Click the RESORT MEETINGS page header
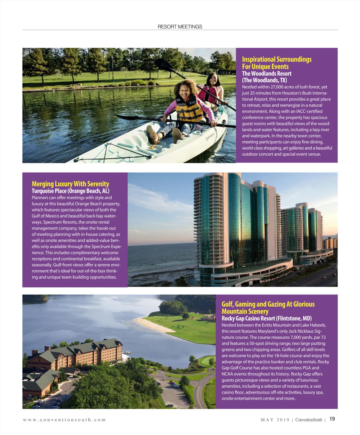180,27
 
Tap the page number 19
332,419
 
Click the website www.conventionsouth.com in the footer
64,420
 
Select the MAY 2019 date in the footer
275,420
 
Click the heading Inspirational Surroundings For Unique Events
277,63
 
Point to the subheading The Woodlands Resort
267,73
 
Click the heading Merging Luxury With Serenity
70,184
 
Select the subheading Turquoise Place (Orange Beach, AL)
70,191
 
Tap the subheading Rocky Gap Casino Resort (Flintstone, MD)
266,318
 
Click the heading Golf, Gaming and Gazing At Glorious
268,304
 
